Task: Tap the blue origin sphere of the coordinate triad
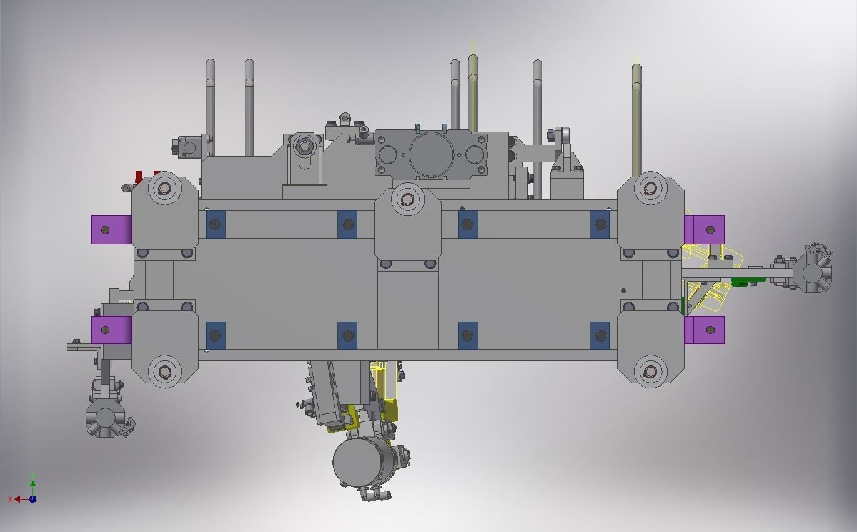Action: coord(32,499)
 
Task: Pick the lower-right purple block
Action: coord(705,330)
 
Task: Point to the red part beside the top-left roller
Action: coord(139,177)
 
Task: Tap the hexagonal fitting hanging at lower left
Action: coord(105,416)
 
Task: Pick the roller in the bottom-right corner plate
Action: coord(650,372)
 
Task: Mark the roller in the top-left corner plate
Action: coord(165,188)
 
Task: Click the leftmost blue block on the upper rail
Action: coord(215,224)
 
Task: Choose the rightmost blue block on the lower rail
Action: coord(599,336)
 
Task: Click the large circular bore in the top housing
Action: coord(431,154)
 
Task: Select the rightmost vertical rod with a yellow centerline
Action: coord(637,119)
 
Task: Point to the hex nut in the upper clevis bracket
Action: coord(304,146)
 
